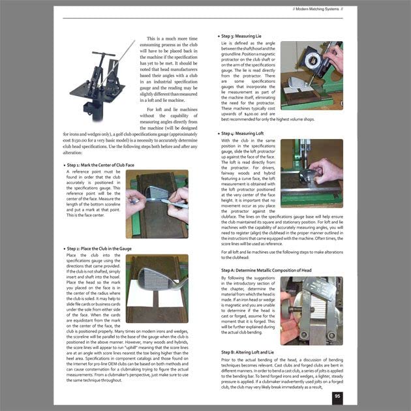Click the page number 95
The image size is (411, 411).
click(x=337, y=395)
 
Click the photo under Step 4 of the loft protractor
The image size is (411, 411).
click(x=312, y=173)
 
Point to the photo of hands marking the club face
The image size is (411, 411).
click(x=157, y=204)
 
